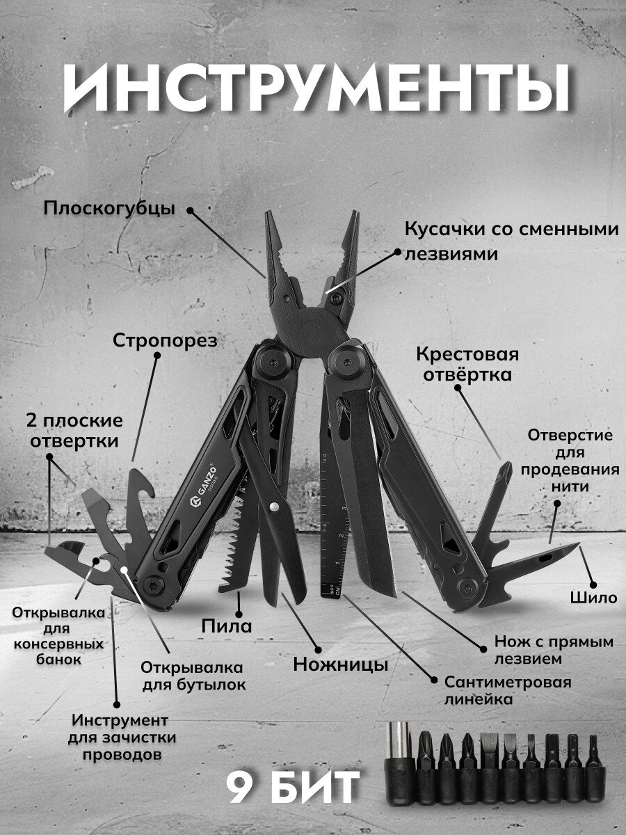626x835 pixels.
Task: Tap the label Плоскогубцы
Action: [x=109, y=209]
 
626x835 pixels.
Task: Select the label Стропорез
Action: [x=166, y=341]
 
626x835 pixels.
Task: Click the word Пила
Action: [x=227, y=626]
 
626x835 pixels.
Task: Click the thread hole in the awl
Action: [x=545, y=557]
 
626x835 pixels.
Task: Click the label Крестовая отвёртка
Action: [x=467, y=365]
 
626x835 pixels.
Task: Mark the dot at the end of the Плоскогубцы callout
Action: [x=190, y=209]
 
